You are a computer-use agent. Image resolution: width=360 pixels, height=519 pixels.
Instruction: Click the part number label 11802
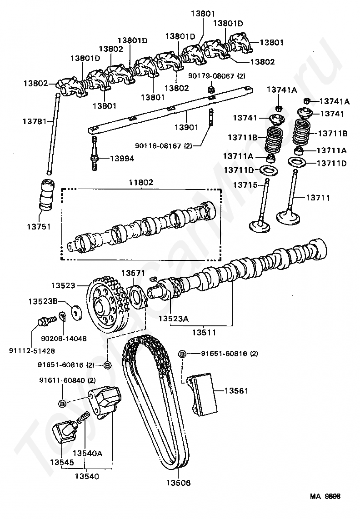point(141,182)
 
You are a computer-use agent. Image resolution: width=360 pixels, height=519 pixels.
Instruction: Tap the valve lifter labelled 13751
point(46,195)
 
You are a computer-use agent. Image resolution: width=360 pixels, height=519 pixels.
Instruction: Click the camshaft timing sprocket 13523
point(108,308)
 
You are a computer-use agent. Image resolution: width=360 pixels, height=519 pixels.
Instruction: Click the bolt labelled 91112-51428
point(43,320)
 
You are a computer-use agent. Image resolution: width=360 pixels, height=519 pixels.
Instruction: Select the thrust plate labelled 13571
point(137,296)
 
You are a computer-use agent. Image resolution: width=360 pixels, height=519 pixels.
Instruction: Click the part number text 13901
point(186,127)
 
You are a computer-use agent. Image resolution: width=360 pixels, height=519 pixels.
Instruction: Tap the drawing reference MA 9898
point(325,496)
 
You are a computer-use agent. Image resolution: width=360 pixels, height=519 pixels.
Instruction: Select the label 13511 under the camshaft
point(204,332)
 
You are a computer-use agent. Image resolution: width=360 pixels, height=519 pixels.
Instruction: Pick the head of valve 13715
point(260,226)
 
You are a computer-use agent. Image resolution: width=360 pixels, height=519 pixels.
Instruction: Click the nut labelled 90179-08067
point(210,89)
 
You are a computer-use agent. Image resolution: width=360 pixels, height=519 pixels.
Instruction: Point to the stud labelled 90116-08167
point(210,117)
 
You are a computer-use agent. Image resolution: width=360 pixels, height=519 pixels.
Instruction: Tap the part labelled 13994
point(95,153)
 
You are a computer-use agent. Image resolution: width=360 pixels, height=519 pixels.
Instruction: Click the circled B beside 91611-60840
point(62,404)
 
